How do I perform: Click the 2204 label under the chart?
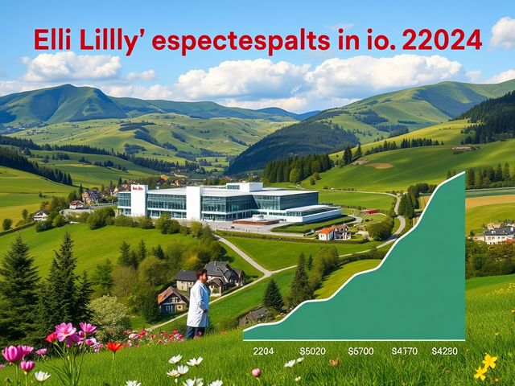point(264,351)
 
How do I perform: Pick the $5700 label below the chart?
point(361,351)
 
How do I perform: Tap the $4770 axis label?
point(405,351)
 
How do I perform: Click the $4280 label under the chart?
point(445,351)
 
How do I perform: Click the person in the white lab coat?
point(198,304)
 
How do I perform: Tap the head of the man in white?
point(200,275)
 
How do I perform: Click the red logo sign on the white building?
point(138,189)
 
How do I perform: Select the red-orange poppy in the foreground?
point(113,347)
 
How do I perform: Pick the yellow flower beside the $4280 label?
point(485,366)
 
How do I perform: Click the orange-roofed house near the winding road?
point(327,233)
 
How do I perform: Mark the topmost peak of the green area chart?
point(462,174)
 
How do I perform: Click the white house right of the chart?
point(497,234)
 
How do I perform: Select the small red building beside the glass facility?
point(369,211)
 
